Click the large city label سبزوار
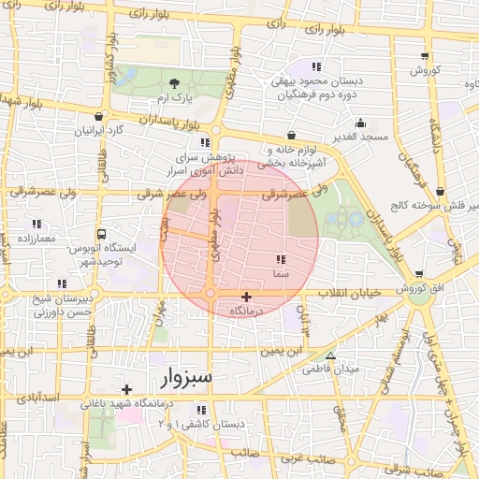tap(187, 377)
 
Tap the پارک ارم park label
tap(173, 98)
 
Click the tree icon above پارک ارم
tap(174, 84)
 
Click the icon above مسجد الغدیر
tap(361, 123)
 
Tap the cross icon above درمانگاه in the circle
tap(246, 297)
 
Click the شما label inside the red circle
tap(279, 274)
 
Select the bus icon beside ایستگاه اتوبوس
tap(100, 236)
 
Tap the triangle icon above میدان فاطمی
tap(330, 356)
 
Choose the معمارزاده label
tap(36, 239)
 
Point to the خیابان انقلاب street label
tap(352, 294)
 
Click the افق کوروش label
tap(425, 290)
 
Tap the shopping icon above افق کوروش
tap(418, 275)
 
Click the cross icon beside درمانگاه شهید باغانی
tap(126, 388)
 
